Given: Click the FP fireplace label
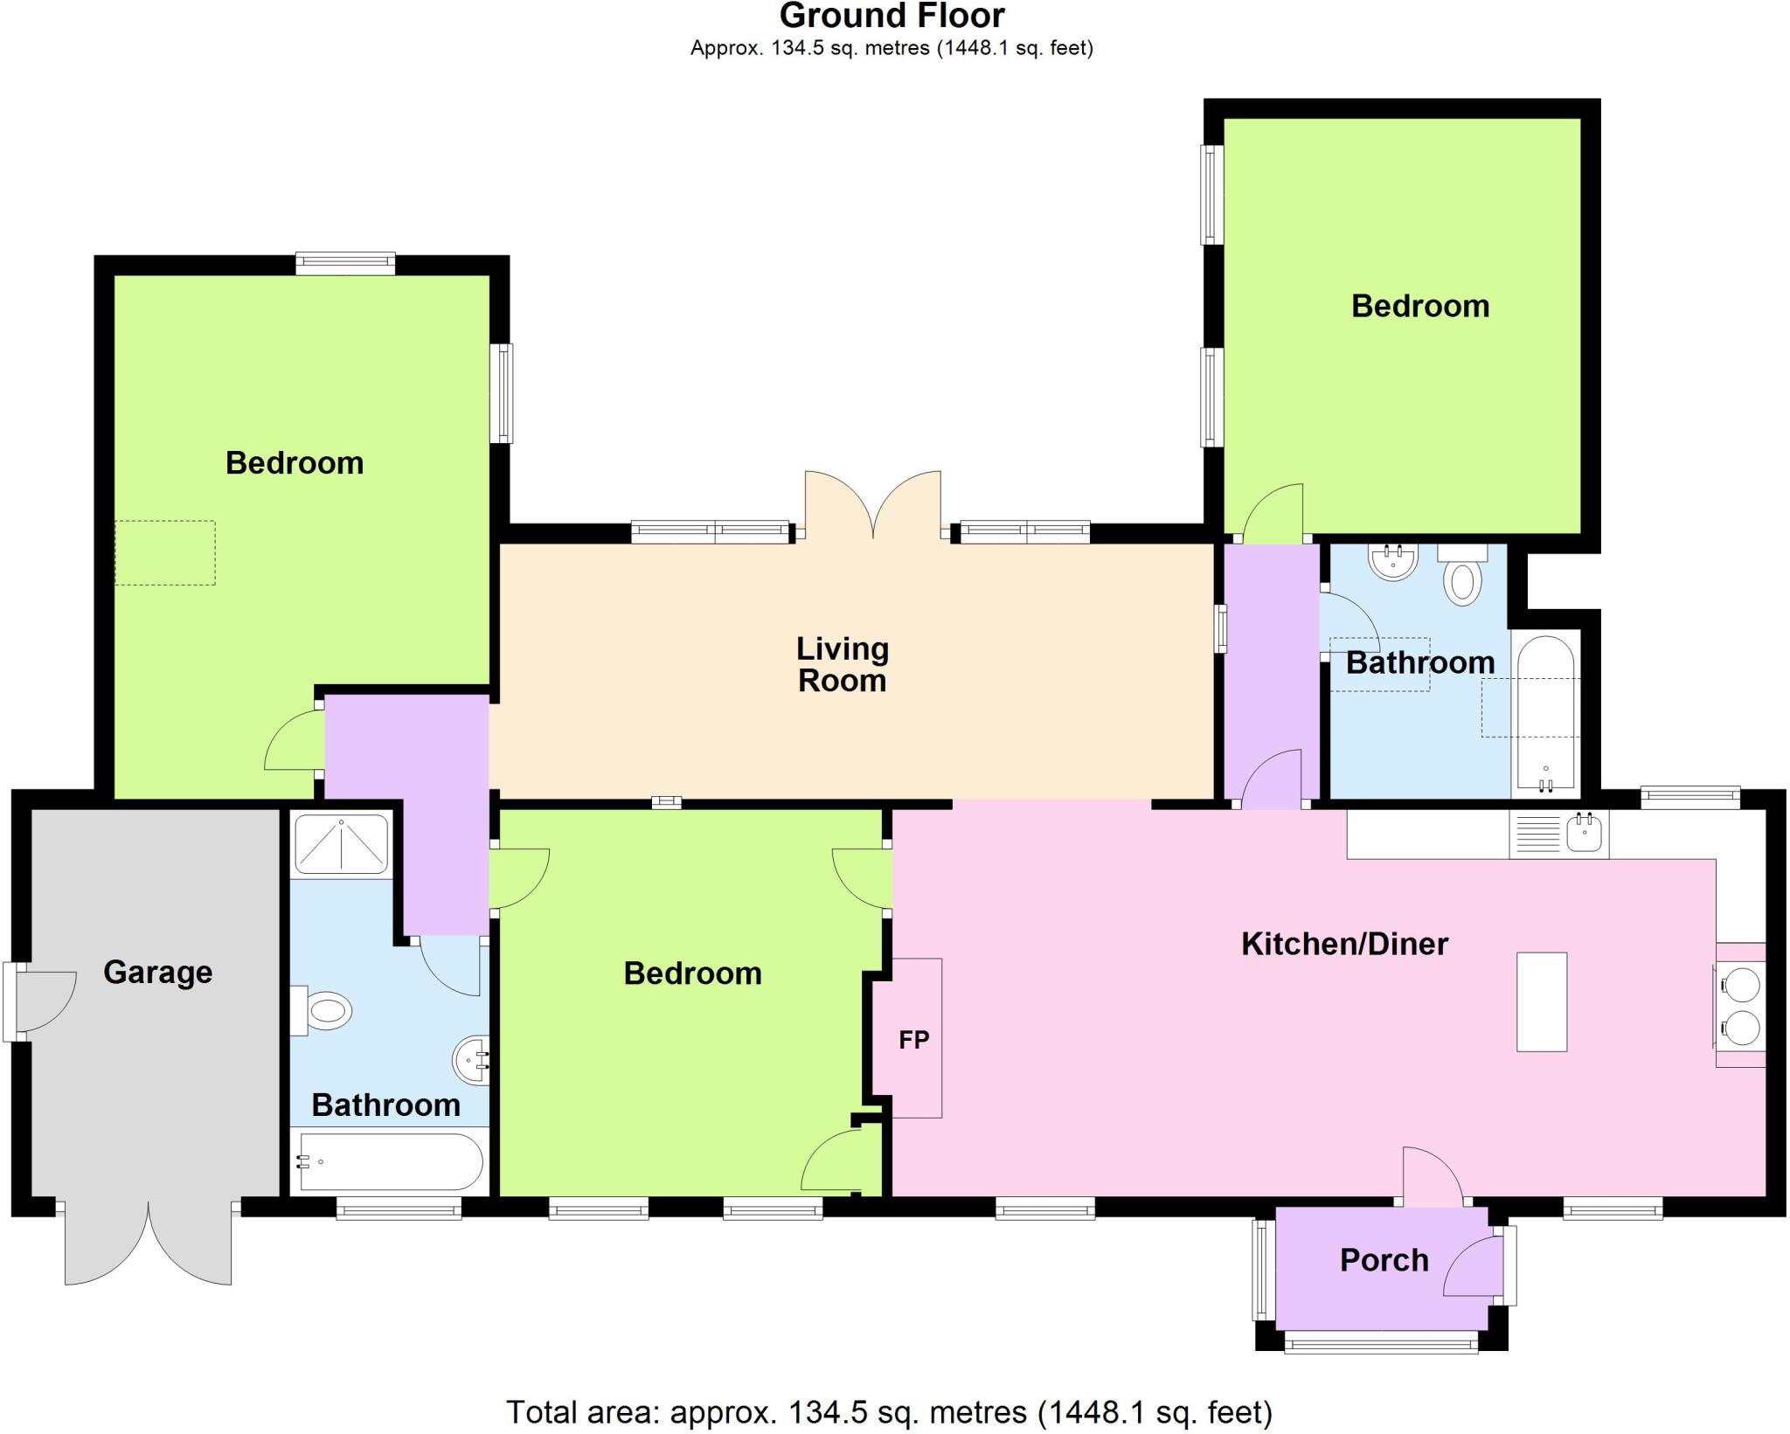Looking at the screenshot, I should pos(913,1039).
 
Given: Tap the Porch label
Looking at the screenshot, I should pos(1384,1259).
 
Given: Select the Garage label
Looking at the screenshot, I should pos(157,971).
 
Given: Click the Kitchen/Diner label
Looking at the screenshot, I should pos(1344,943).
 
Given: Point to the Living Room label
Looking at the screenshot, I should pos(842,664).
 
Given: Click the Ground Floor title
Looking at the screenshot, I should pos(892,16).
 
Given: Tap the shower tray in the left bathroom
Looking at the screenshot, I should pos(341,844).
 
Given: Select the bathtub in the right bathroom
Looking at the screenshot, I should pos(1545,712).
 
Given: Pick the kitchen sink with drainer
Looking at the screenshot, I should pos(1558,833).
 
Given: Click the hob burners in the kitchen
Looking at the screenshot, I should pos(1739,1005).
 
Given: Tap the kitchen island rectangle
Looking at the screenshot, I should pos(1541,1001).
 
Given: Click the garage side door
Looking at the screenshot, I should pos(44,1001).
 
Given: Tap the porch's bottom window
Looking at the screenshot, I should pos(1380,1341).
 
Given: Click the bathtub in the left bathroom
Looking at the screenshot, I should pos(390,1161).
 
